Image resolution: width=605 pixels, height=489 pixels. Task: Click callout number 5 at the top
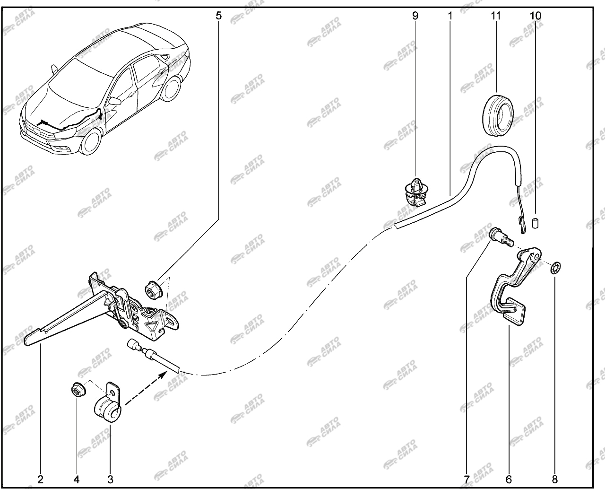[218, 16]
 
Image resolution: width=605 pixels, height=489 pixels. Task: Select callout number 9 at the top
[415, 16]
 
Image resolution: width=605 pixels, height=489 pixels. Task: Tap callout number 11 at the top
[496, 16]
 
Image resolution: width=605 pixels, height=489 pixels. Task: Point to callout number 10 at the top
[536, 16]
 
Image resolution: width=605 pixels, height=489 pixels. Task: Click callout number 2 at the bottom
[40, 480]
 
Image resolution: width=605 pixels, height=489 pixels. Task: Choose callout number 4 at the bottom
[77, 480]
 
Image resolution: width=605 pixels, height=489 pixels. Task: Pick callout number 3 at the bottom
[110, 480]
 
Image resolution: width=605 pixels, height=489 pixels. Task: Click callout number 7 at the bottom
[467, 480]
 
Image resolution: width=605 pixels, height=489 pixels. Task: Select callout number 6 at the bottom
[509, 480]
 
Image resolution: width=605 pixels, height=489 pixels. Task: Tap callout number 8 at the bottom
[555, 480]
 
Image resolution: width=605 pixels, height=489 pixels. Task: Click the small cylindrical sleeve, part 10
[535, 223]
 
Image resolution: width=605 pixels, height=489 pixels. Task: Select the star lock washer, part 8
[555, 267]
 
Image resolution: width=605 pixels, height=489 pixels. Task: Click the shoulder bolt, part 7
[501, 237]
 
